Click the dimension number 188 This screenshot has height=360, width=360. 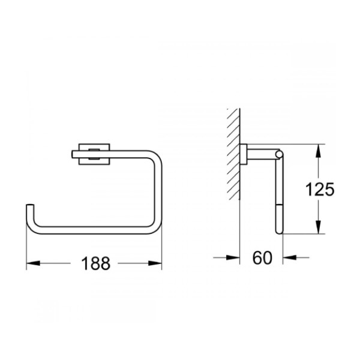coord(96,263)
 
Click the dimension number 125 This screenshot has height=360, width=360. coord(320,190)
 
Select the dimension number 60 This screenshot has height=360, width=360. coord(262,257)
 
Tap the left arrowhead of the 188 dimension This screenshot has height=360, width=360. coord(33,263)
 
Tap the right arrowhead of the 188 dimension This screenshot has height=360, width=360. coord(155,263)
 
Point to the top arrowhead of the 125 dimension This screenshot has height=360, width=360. coord(318,151)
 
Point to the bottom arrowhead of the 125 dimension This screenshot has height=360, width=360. coord(318,227)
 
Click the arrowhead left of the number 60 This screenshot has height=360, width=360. coord(233,257)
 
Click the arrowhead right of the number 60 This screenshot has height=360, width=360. coord(290,257)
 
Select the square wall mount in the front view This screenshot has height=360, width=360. coord(94,154)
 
